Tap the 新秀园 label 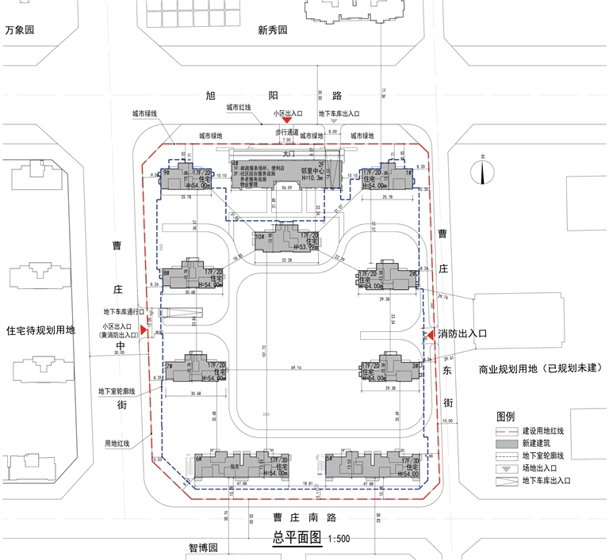coord(271,31)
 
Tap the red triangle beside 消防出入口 coord(432,336)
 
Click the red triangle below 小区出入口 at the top coord(288,120)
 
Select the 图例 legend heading coord(506,416)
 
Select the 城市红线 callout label coord(239,107)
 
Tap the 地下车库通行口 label coord(121,312)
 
